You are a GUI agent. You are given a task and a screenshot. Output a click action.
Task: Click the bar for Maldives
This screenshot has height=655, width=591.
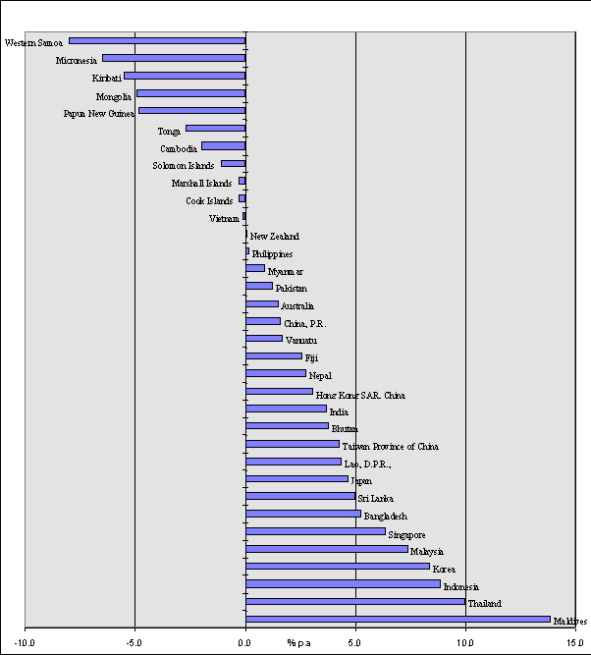click(x=398, y=619)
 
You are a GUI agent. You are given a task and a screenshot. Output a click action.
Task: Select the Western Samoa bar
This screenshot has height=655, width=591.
click(x=157, y=40)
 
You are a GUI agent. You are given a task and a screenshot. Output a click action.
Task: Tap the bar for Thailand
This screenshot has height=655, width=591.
click(x=355, y=601)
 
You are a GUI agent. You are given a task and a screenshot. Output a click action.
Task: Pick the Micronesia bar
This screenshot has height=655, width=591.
click(x=174, y=58)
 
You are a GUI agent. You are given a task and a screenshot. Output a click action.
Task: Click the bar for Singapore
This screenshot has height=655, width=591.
click(x=315, y=531)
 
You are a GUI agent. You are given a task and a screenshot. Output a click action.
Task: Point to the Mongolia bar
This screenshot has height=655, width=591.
click(x=190, y=93)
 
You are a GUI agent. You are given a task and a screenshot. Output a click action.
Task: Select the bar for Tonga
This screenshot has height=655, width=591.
click(x=215, y=128)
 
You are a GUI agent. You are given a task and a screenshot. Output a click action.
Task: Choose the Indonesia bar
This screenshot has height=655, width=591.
click(x=343, y=583)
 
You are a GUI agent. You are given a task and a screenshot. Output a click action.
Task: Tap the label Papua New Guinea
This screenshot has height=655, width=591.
click(x=98, y=113)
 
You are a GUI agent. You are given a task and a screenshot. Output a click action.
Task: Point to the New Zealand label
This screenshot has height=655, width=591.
click(x=275, y=237)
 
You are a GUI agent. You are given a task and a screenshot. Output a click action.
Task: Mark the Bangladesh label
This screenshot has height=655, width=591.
click(x=385, y=517)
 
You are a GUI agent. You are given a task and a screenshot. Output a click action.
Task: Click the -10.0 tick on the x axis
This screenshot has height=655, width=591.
click(x=25, y=643)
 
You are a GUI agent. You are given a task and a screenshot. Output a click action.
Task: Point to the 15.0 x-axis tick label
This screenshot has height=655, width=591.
click(x=575, y=643)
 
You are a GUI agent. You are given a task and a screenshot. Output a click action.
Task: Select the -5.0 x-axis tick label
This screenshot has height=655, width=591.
click(x=134, y=643)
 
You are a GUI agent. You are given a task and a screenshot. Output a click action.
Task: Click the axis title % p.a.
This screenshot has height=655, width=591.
click(x=299, y=643)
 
